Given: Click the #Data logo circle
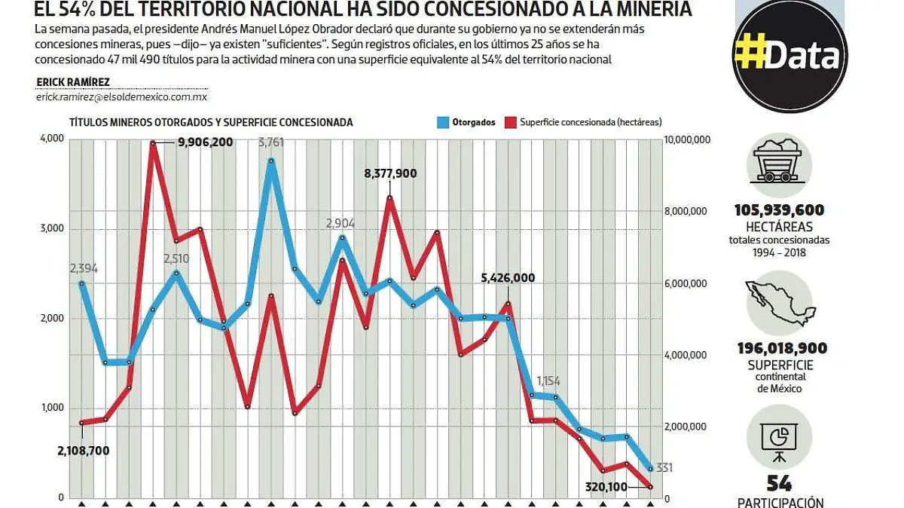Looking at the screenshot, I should [789, 57].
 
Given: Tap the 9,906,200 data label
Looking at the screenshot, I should [205, 142].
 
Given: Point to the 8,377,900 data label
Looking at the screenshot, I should [390, 173].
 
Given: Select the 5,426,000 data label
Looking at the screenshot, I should [508, 277].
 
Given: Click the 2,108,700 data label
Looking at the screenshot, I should [84, 451].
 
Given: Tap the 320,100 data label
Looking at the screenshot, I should [606, 487].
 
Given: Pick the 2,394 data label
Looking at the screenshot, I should [84, 268].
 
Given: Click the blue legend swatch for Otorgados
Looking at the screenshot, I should [442, 122].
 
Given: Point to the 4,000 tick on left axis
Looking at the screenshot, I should [51, 139].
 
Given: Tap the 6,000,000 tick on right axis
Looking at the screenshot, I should [686, 283].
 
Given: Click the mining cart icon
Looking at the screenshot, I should [779, 162].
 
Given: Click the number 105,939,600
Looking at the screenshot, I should [779, 210].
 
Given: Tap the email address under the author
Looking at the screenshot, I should [121, 97].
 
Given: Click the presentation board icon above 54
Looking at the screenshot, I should [779, 439].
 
